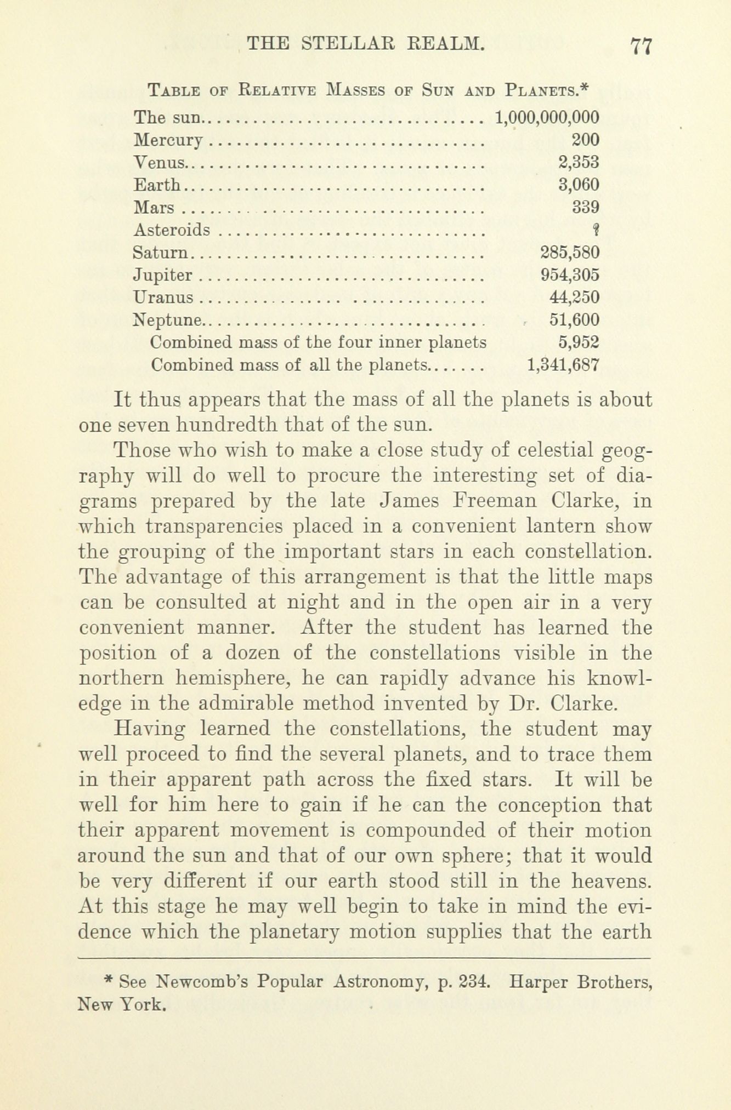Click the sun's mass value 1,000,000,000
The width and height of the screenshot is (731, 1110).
(547, 117)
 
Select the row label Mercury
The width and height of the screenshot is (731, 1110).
(168, 141)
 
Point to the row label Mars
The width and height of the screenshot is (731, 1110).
(154, 208)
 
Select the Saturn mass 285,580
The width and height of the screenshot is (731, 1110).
(570, 253)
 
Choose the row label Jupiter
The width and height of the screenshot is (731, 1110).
(163, 276)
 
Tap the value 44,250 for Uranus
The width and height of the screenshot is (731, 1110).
(574, 297)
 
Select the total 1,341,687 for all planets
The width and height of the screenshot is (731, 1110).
(563, 365)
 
